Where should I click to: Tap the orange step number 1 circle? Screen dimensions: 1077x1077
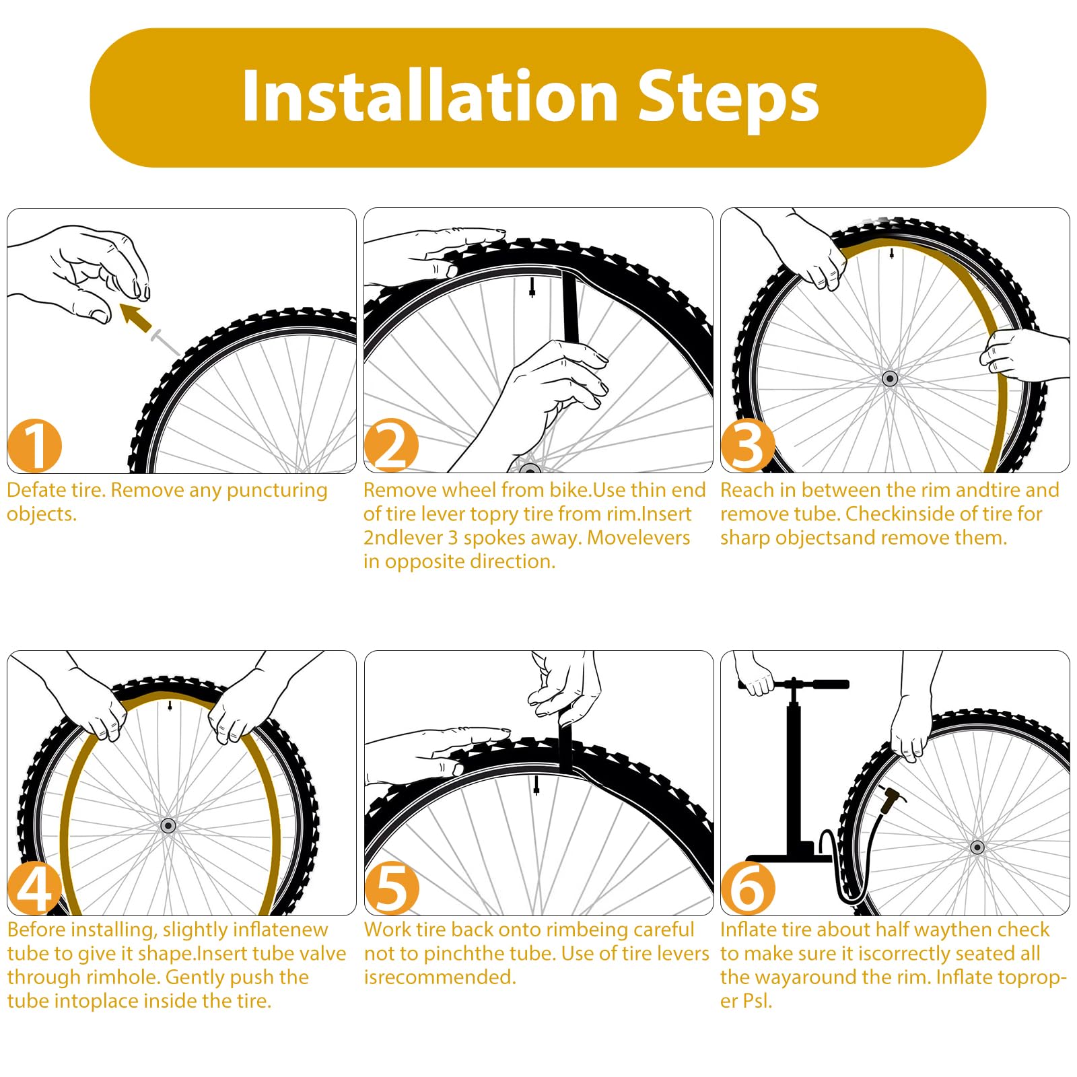pos(34,446)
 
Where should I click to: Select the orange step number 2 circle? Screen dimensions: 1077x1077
pos(391,446)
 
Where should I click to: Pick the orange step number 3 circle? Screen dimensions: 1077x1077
pos(747,446)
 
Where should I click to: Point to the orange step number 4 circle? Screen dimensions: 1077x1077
pos(34,888)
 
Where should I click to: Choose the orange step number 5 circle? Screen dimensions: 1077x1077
pos(391,888)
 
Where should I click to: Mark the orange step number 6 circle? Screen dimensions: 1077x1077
pos(747,888)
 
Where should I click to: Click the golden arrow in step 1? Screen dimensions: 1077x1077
pos(137,318)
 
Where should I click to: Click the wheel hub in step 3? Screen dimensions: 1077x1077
pos(890,378)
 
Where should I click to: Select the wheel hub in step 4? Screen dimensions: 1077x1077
pos(168,825)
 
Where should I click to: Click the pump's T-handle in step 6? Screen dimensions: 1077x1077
pos(794,685)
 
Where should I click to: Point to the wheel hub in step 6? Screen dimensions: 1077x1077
pos(977,847)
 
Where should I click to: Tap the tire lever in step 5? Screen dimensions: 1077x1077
pos(564,744)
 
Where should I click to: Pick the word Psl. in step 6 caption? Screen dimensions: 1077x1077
pos(758,1001)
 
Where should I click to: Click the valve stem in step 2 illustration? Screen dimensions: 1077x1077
pos(532,288)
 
